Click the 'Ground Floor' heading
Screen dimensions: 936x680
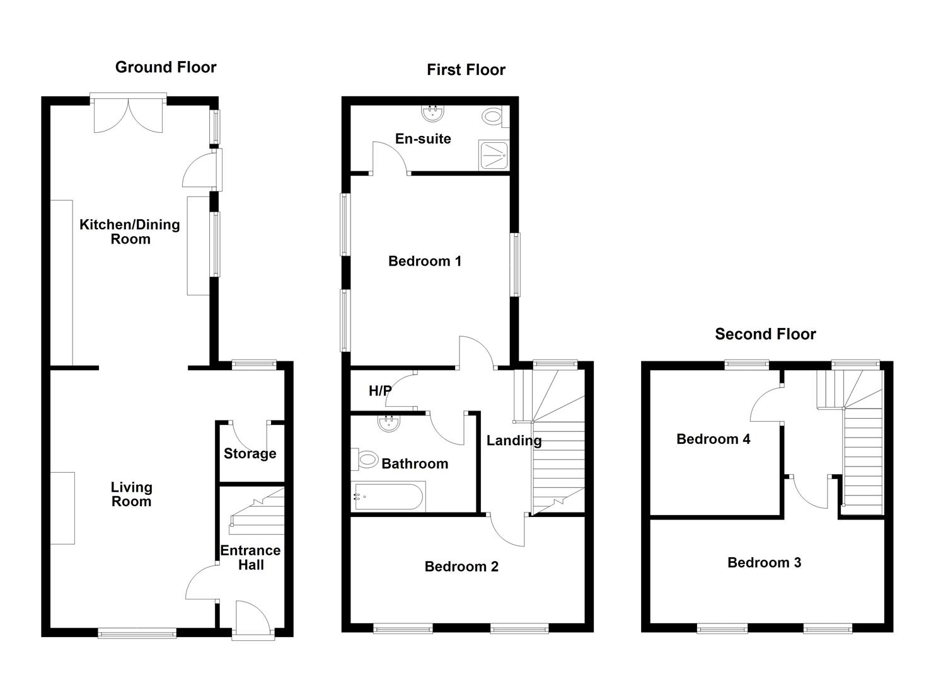[x=166, y=67]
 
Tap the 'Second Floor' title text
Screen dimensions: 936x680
[x=765, y=334]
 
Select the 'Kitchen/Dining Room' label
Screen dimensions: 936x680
[x=130, y=232]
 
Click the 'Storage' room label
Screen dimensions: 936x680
[x=250, y=453]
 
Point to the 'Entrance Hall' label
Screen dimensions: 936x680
[x=250, y=558]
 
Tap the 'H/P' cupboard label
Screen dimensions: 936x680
[x=380, y=391]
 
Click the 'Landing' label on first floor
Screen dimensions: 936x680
[x=514, y=441]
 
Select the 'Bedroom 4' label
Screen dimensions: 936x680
[x=714, y=439]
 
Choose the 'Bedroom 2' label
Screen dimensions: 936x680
[x=461, y=567]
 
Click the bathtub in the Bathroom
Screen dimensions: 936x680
[x=390, y=496]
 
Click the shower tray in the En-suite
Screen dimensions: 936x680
[x=494, y=156]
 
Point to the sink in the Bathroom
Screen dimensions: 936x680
[x=389, y=422]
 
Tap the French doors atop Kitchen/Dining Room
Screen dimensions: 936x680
[x=129, y=113]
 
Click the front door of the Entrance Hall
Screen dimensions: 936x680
[x=253, y=621]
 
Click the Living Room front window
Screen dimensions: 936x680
[x=137, y=633]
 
